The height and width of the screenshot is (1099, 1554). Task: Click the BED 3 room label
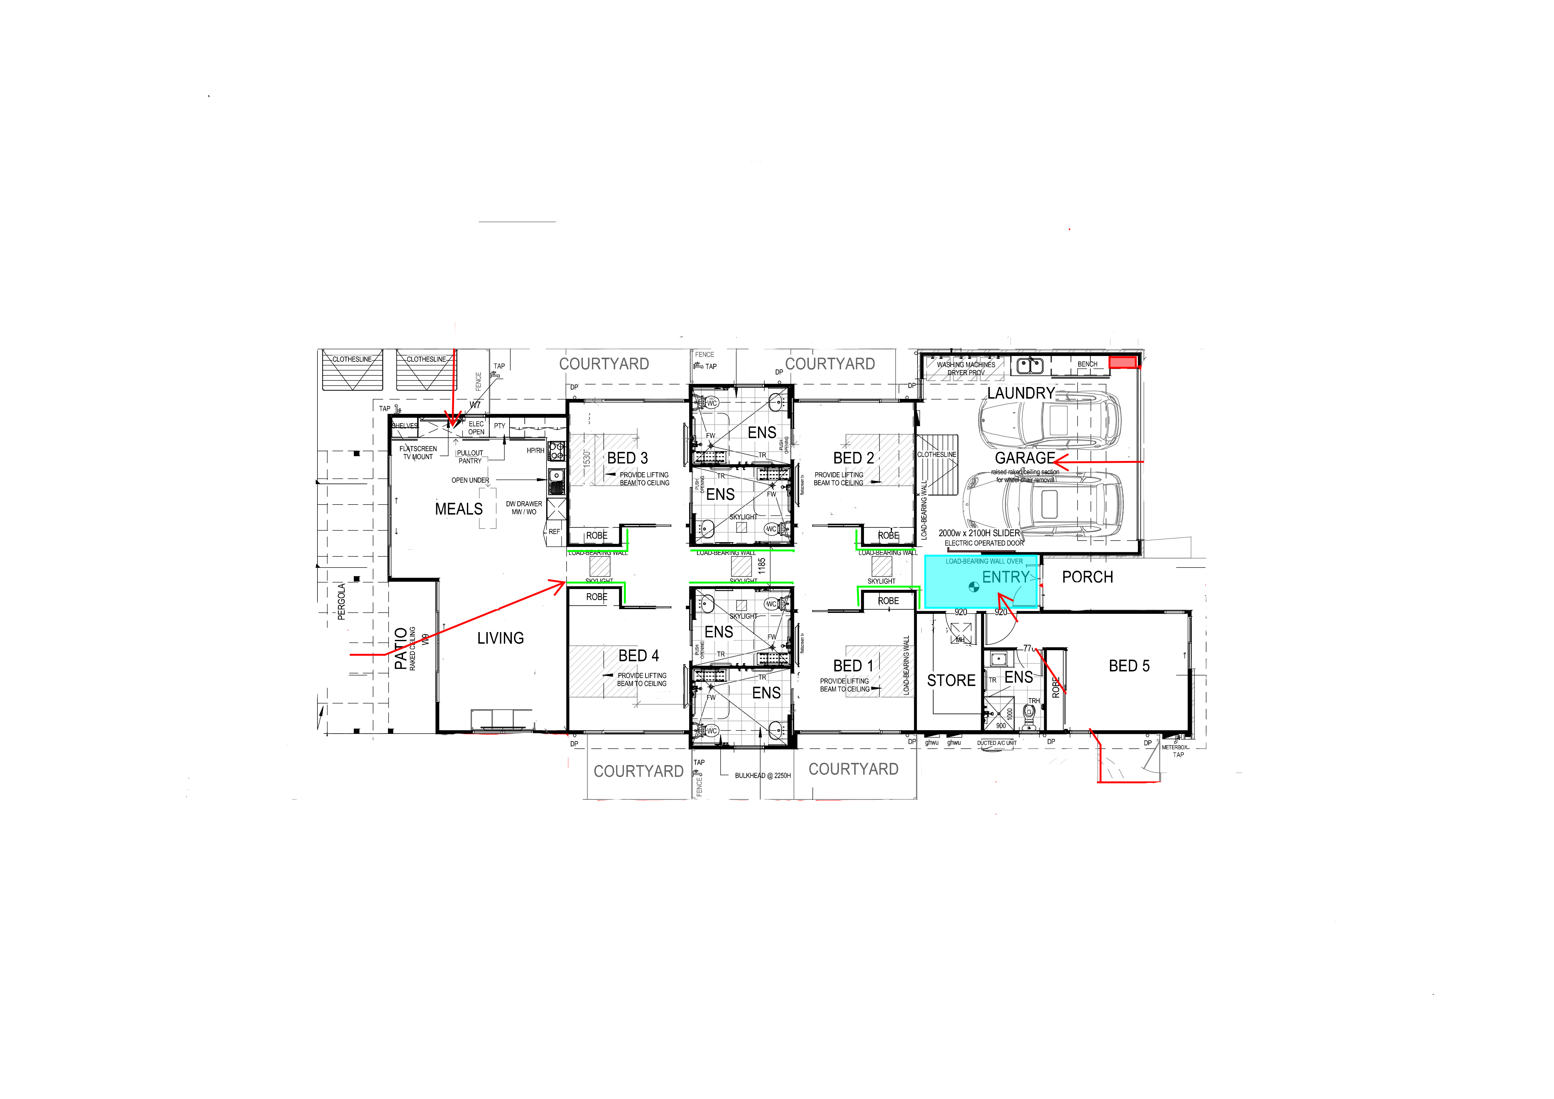pyautogui.click(x=627, y=458)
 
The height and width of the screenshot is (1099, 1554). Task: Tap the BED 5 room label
pyautogui.click(x=1129, y=666)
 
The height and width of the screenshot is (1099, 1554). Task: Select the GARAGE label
pyautogui.click(x=1024, y=458)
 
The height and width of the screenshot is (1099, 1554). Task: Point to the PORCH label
pyautogui.click(x=1087, y=577)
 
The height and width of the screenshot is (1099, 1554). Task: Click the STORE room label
pyautogui.click(x=951, y=681)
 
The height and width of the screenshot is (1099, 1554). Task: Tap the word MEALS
pyautogui.click(x=459, y=509)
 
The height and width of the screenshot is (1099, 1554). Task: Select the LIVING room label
pyautogui.click(x=500, y=638)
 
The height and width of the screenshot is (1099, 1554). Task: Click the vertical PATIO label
pyautogui.click(x=401, y=648)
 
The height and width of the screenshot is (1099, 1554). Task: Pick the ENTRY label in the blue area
pyautogui.click(x=1005, y=577)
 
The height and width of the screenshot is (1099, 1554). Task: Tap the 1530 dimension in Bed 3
pyautogui.click(x=587, y=458)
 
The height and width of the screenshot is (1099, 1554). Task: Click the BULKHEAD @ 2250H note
pyautogui.click(x=763, y=776)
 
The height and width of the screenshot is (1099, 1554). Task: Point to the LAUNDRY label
pyautogui.click(x=1020, y=393)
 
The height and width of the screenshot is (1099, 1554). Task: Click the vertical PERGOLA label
pyautogui.click(x=341, y=601)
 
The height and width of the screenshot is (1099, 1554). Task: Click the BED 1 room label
pyautogui.click(x=853, y=666)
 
